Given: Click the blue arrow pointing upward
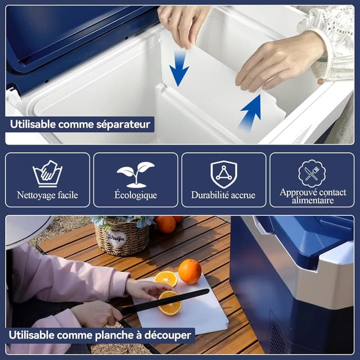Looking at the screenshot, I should [x=251, y=111].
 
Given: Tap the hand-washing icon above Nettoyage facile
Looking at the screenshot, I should [x=47, y=174].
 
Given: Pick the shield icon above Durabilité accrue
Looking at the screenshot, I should [x=223, y=174].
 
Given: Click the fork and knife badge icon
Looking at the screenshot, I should [x=312, y=173].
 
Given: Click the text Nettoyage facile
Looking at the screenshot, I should [x=47, y=196].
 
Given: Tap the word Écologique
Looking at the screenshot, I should [x=135, y=196].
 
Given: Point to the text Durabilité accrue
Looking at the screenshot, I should [x=223, y=196].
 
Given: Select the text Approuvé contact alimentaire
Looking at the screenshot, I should [x=312, y=196].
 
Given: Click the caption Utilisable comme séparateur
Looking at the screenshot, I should [x=80, y=124].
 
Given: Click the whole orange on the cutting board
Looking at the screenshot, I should [x=190, y=271].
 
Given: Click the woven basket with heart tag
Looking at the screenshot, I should [x=121, y=236].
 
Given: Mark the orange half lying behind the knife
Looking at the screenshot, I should [x=166, y=278].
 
